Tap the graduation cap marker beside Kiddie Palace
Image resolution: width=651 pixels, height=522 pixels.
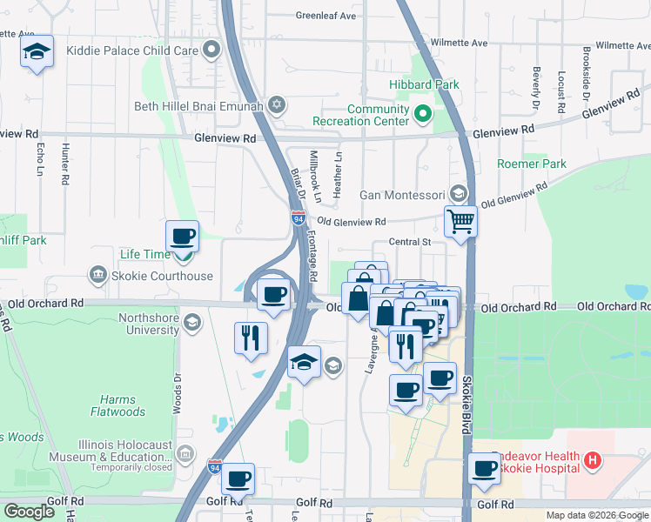37,53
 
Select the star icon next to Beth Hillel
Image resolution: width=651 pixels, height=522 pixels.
278,105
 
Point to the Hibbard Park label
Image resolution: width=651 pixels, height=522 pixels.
424,84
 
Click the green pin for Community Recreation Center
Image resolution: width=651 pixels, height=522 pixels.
423,114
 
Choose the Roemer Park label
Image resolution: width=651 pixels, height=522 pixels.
531,164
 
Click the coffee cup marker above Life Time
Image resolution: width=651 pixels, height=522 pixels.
183,235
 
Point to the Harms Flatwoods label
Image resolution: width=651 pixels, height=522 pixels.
135,405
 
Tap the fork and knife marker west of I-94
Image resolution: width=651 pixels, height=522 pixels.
251,337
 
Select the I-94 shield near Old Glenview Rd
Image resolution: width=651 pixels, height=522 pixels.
299,218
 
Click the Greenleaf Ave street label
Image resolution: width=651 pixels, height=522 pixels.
325,16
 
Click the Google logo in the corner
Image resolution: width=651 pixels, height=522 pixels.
29,512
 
